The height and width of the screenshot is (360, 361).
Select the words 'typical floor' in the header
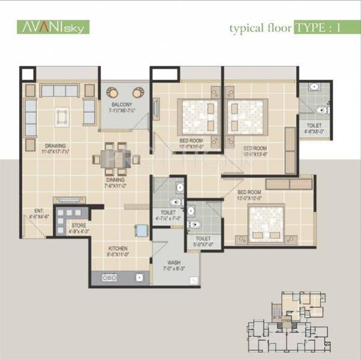(x=259, y=28)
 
